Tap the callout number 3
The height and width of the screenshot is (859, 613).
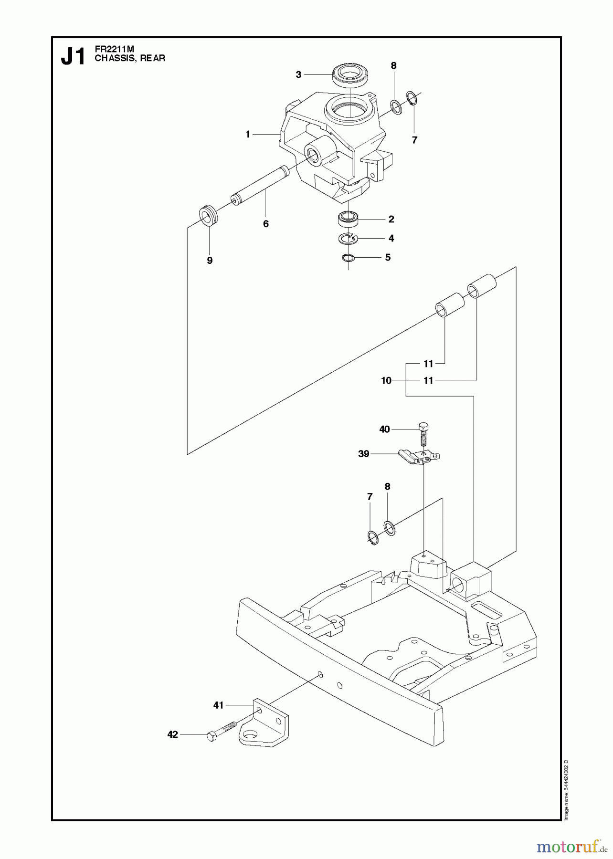click(x=298, y=74)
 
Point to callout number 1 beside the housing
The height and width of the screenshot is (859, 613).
click(x=248, y=135)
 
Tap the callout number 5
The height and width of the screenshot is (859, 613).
click(x=388, y=258)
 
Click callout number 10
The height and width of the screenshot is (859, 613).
click(x=386, y=380)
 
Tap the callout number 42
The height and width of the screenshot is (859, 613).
click(x=172, y=734)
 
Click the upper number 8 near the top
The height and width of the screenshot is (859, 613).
click(x=393, y=66)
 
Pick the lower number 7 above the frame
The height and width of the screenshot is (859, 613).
click(x=370, y=497)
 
